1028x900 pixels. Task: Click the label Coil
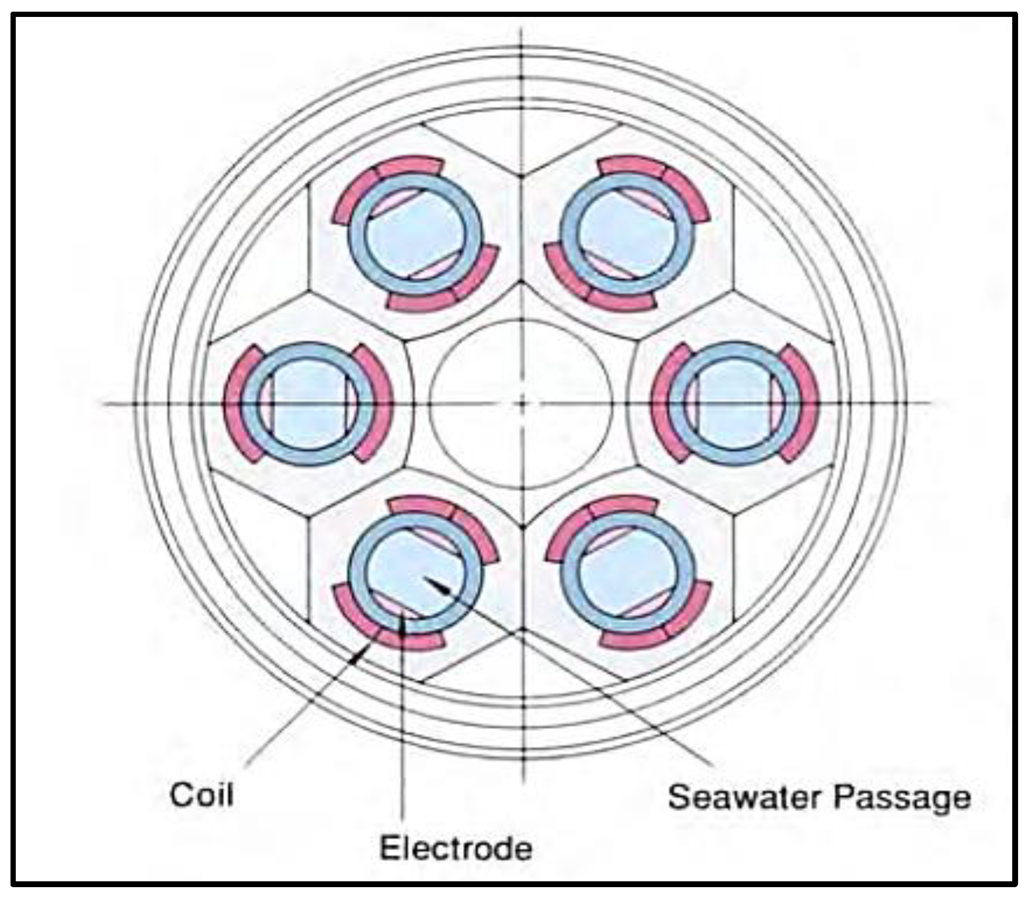[x=202, y=795]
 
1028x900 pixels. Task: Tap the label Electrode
[x=456, y=847]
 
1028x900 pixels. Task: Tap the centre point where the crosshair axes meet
[x=522, y=403]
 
